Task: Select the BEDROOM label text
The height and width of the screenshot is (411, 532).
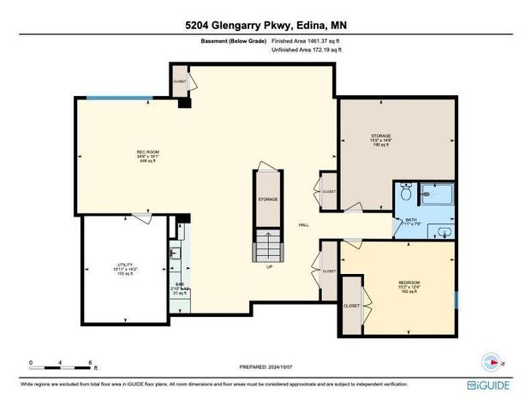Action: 409,283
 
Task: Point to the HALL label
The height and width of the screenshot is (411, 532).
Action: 303,226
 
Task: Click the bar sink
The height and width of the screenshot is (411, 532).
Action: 175,253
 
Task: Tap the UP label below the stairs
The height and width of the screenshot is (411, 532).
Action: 268,266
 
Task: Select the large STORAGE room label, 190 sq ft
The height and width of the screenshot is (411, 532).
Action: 381,140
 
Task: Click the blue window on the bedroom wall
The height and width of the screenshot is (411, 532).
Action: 457,300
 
